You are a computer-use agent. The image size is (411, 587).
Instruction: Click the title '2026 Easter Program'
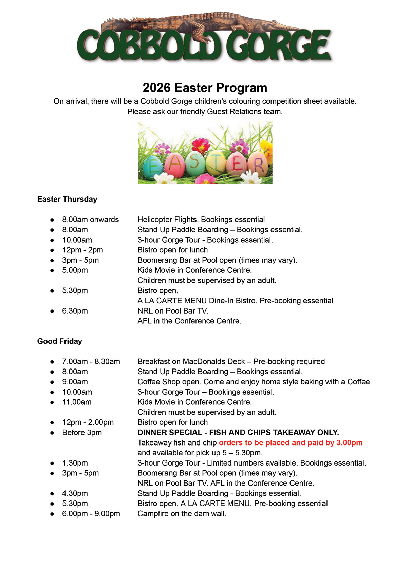point(205,88)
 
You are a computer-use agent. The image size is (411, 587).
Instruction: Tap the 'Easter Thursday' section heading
point(67,199)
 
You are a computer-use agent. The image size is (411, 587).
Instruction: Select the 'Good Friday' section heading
point(60,341)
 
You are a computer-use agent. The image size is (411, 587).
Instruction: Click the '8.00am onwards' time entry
point(90,220)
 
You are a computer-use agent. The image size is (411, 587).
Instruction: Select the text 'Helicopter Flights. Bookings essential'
point(201,220)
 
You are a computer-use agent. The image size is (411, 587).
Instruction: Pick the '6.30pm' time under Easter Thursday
point(75,311)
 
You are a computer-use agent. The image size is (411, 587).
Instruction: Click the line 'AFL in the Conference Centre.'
point(189,321)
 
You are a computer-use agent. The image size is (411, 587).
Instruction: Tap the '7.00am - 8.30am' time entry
point(91,362)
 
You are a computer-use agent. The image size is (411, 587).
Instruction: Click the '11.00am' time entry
point(77,402)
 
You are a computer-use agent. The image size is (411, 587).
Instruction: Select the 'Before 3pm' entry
point(82,433)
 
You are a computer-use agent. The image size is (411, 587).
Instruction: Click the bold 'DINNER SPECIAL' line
point(238,433)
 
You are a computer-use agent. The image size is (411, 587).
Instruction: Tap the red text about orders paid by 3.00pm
point(291,443)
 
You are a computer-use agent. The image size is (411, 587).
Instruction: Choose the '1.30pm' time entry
point(75,463)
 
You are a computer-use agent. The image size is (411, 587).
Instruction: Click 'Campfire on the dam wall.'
point(182,514)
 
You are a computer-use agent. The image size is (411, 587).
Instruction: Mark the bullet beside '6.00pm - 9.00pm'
point(52,514)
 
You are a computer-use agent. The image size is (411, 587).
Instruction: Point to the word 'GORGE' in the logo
point(278,46)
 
